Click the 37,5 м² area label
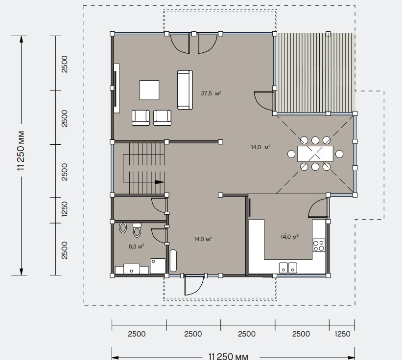click(x=211, y=93)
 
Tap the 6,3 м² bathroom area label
click(x=136, y=247)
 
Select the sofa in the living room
click(x=185, y=90)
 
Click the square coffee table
click(x=149, y=90)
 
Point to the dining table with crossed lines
click(x=315, y=154)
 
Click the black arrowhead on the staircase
click(x=160, y=182)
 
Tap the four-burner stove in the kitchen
click(x=319, y=245)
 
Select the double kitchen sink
click(x=288, y=268)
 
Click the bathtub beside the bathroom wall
click(x=173, y=260)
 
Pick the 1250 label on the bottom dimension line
click(x=342, y=334)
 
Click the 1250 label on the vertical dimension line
click(x=64, y=209)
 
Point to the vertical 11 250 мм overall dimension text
click(x=21, y=151)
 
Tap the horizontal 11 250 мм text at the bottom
click(x=228, y=356)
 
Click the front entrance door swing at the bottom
click(x=193, y=286)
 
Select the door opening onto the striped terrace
click(x=263, y=101)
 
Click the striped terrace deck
click(x=315, y=73)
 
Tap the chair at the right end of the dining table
click(x=339, y=154)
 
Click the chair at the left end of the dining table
click(x=291, y=154)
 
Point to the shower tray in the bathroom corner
click(x=158, y=266)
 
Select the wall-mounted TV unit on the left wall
click(x=117, y=88)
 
